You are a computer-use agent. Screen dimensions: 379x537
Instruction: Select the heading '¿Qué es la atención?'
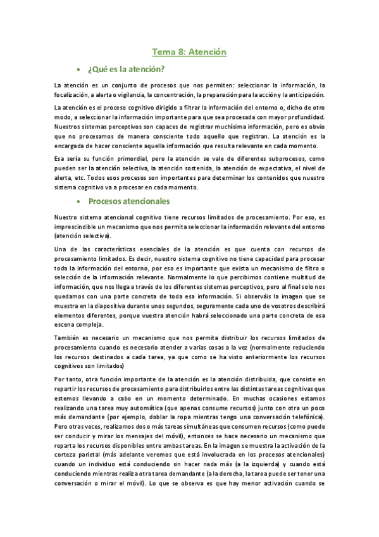click(x=127, y=69)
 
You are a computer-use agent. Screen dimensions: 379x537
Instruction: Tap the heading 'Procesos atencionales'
click(x=129, y=201)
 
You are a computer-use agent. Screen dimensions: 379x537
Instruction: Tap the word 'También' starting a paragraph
click(x=68, y=339)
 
